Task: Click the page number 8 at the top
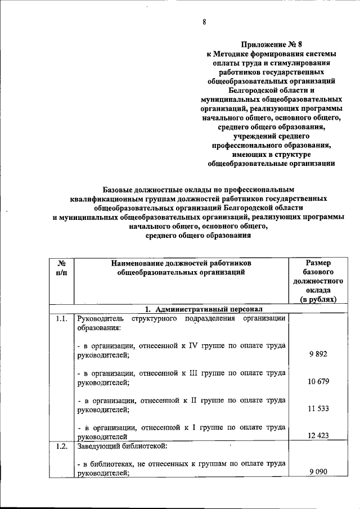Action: point(205,22)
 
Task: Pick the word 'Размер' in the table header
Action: point(318,263)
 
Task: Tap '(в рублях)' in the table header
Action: point(318,299)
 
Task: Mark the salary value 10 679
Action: point(318,382)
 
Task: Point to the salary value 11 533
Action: point(318,409)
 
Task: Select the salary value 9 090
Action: point(318,473)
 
